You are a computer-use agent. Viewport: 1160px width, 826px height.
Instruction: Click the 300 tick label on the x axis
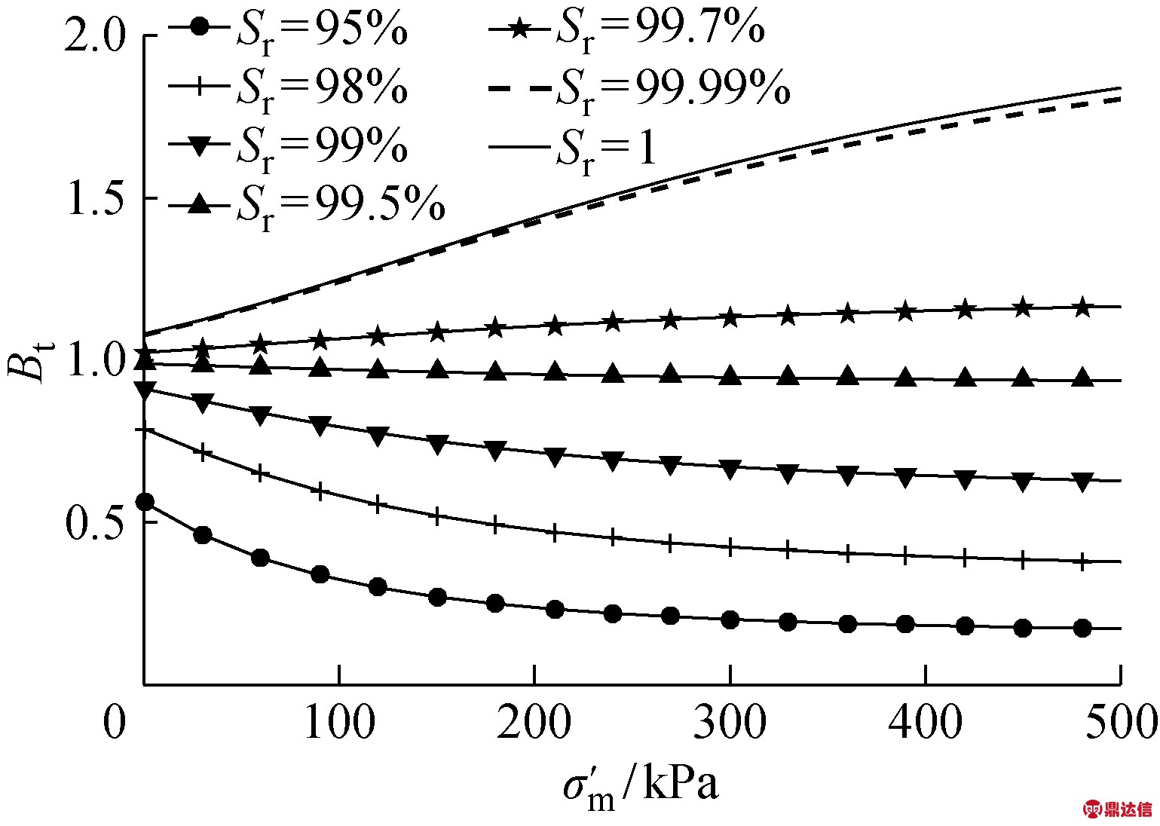click(x=729, y=724)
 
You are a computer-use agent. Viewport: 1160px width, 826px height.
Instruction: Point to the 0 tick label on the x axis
click(x=115, y=724)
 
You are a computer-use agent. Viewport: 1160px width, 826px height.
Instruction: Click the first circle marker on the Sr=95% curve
click(x=145, y=503)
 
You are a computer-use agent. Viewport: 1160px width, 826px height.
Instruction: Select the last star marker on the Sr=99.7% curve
click(x=1082, y=307)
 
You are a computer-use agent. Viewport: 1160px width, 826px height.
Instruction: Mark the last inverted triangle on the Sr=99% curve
click(x=1082, y=482)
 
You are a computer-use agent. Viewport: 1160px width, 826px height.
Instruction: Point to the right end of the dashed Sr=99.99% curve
click(x=1120, y=99)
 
